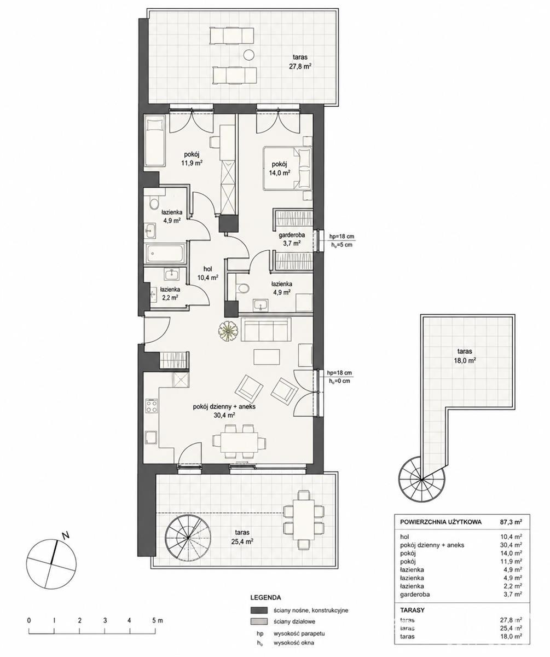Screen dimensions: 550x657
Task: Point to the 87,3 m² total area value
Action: click(x=511, y=522)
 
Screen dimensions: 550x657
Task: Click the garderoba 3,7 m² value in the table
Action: click(x=513, y=595)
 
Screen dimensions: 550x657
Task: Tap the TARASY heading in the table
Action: click(x=412, y=610)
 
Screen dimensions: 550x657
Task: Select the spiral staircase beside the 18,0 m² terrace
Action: click(x=422, y=479)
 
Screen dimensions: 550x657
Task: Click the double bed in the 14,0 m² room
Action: click(x=287, y=168)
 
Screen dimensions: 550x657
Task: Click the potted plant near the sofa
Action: click(x=228, y=330)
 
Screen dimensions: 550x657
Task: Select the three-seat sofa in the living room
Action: click(x=266, y=330)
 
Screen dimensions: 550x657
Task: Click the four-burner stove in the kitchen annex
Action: click(x=151, y=406)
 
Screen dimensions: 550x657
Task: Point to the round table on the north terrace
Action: click(x=249, y=55)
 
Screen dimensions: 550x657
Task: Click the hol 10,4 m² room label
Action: click(x=207, y=273)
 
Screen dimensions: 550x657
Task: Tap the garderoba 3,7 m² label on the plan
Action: click(x=292, y=239)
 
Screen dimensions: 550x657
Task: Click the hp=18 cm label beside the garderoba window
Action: click(x=342, y=237)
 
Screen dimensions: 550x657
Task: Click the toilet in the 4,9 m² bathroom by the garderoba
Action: click(x=242, y=287)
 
